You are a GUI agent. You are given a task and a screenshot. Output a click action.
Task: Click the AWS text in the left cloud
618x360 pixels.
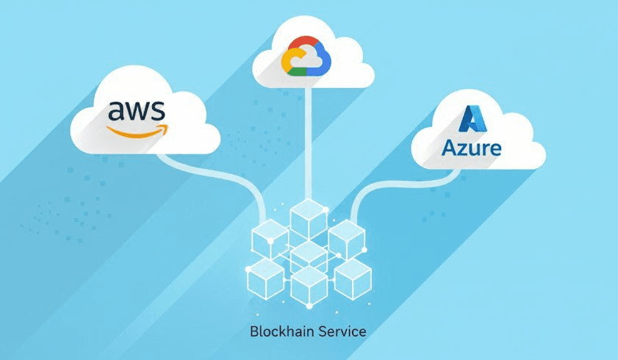coord(137,111)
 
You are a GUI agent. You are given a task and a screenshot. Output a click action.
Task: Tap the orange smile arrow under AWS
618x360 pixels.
coord(137,132)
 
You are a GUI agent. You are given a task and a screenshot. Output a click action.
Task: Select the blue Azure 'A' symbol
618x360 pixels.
coord(471,120)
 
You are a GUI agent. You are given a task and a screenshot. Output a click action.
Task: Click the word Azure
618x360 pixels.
coord(472,148)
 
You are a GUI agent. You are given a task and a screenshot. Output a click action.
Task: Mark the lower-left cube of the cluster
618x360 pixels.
coord(265,278)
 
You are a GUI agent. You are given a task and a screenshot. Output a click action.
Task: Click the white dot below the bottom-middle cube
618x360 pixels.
coord(309,305)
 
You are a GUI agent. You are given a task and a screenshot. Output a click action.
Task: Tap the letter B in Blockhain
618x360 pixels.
coord(254,331)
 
